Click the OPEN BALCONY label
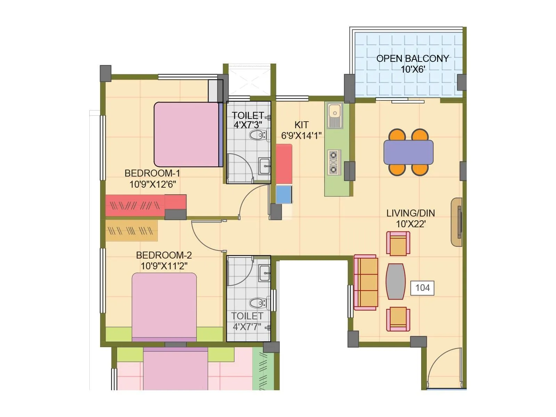click(412, 58)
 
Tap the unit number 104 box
click(422, 288)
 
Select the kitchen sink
click(335, 115)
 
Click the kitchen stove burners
click(334, 162)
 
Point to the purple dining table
click(408, 152)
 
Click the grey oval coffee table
click(395, 281)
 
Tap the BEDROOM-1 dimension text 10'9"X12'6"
click(153, 184)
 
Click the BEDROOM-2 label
click(164, 255)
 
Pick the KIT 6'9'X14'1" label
click(301, 130)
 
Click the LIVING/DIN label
click(410, 213)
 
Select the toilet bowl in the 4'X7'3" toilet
click(258, 135)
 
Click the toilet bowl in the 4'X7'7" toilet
click(258, 303)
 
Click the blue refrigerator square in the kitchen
click(284, 195)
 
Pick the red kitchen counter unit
click(284, 164)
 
